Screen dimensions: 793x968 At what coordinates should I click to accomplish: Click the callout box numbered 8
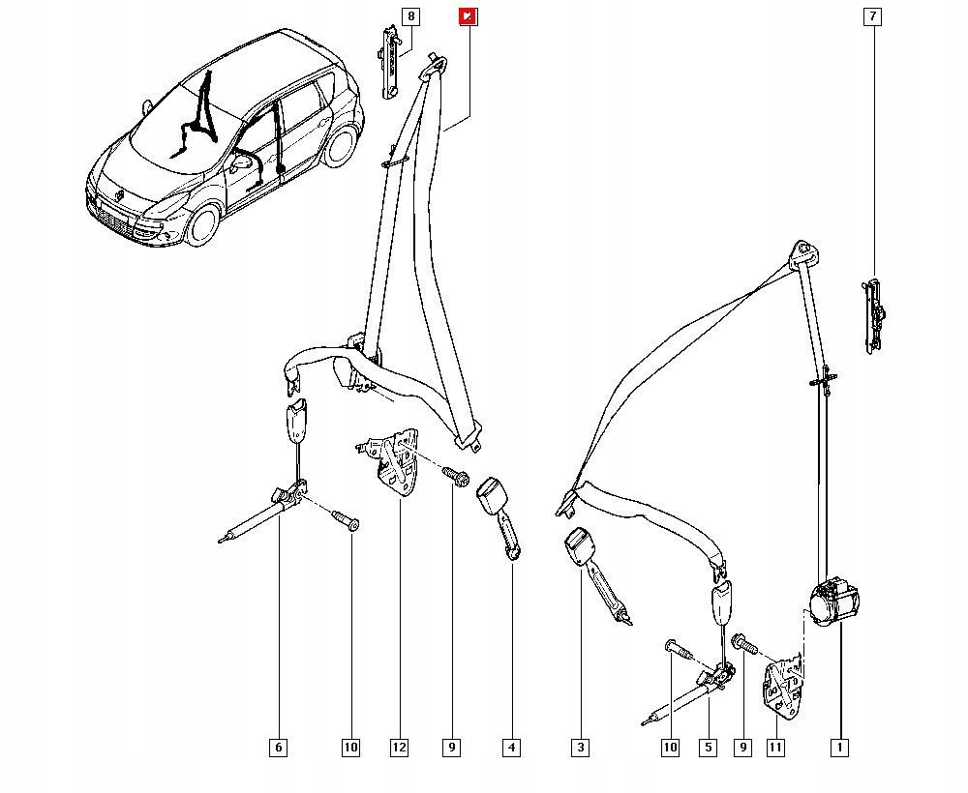point(410,16)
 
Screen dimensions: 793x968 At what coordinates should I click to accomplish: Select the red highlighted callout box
point(468,16)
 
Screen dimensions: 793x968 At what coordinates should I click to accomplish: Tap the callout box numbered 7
point(872,16)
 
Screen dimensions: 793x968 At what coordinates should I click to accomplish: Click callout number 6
point(278,747)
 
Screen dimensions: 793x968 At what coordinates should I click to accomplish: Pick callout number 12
point(399,747)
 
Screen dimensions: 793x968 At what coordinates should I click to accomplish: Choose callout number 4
point(511,747)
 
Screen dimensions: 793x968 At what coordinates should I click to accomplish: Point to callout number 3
point(580,747)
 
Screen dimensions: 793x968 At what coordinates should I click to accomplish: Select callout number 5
point(709,747)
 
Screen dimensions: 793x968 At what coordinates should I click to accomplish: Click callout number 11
point(774,747)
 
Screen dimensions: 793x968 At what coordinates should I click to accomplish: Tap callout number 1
point(839,747)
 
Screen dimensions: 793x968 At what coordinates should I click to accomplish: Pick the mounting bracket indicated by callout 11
point(783,685)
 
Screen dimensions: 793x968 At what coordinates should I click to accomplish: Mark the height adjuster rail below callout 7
point(873,313)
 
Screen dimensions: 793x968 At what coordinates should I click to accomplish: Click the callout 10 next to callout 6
point(350,747)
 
